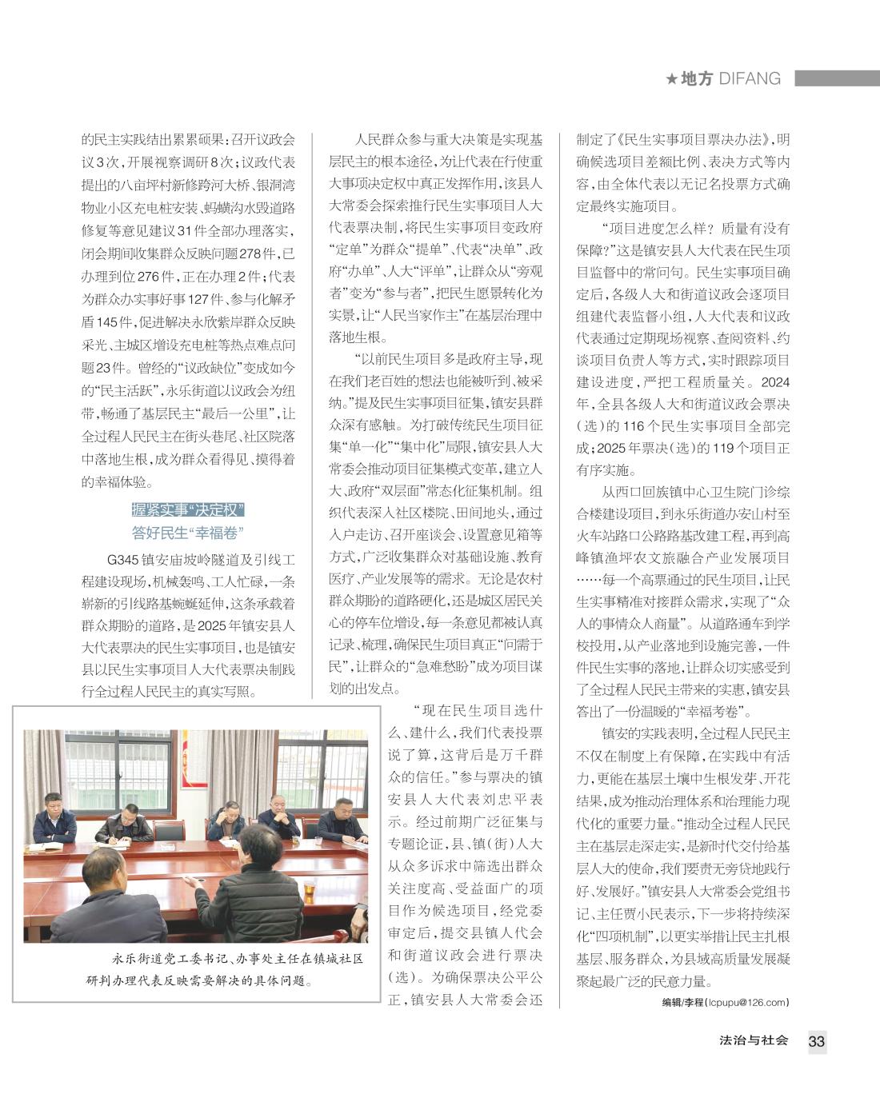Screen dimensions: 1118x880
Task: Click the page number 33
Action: click(816, 1041)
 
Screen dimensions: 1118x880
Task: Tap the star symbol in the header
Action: click(672, 79)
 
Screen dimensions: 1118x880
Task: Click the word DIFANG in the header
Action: click(750, 79)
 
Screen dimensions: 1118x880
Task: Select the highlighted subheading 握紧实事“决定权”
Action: click(188, 510)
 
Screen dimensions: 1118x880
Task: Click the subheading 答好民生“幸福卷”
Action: click(188, 533)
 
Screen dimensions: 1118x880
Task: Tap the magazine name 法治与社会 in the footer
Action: click(754, 1040)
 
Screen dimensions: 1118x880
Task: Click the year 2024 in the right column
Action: click(774, 381)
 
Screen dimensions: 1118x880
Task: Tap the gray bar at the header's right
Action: click(835, 78)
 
